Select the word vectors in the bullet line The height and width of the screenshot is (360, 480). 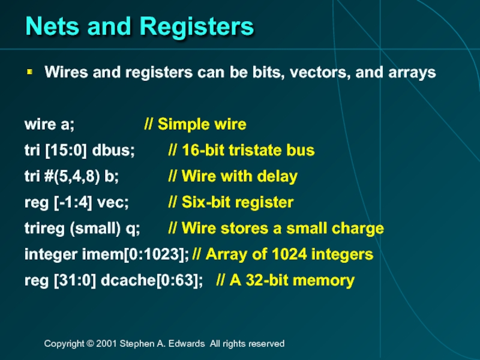tap(319, 73)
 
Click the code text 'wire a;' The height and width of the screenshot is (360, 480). tap(49, 125)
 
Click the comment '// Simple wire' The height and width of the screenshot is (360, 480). tap(195, 125)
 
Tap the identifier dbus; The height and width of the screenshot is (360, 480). tap(114, 151)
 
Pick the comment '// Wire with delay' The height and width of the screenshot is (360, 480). tap(233, 177)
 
